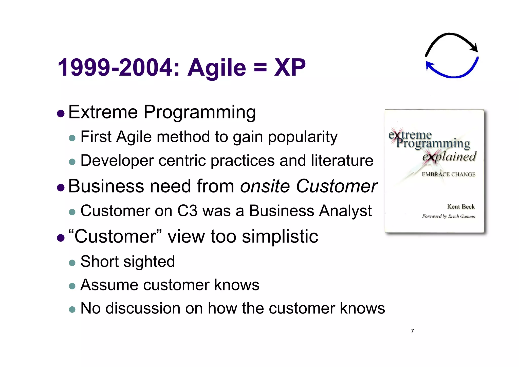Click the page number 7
(412, 331)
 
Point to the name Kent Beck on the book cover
(461, 206)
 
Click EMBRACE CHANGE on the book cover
(449, 174)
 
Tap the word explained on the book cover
(449, 157)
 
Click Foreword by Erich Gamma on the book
(449, 216)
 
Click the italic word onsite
(265, 186)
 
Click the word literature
(342, 161)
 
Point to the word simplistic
(280, 236)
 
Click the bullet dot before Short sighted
(72, 263)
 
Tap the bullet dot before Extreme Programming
(61, 113)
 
